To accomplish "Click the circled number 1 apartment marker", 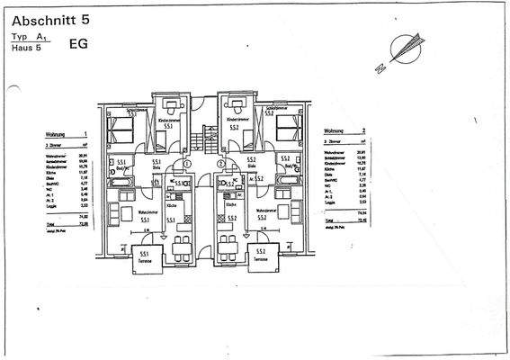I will click(187, 164).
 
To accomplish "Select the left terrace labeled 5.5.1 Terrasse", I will click(145, 257).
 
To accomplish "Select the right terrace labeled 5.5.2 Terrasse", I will click(260, 256).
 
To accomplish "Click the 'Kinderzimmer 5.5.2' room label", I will click(236, 123).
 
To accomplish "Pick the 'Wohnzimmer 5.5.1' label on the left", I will click(144, 216).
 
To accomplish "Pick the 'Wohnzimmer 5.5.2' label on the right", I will click(262, 216).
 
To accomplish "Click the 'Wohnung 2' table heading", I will click(343, 130).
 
